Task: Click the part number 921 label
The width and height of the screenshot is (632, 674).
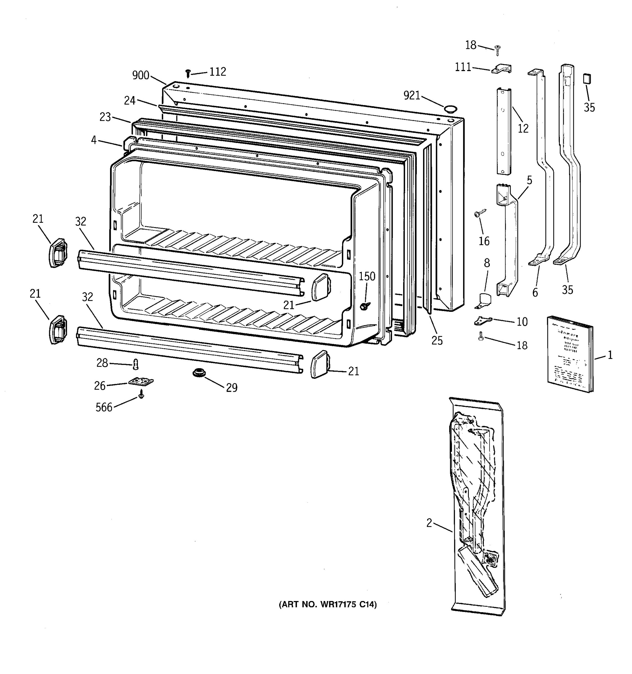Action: point(412,95)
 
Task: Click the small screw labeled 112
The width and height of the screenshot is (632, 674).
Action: point(188,73)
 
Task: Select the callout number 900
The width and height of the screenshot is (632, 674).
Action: point(141,75)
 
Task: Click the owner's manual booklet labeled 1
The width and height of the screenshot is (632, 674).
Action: point(570,354)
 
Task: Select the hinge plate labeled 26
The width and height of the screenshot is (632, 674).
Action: point(141,382)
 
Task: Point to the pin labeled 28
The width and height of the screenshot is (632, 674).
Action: point(136,365)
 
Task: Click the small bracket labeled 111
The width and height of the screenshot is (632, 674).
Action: point(501,69)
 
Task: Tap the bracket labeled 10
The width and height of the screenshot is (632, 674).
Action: point(483,320)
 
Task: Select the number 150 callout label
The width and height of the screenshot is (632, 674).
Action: point(367,276)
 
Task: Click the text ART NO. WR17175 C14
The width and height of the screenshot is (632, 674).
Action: point(328,605)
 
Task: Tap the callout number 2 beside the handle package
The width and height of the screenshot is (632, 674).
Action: point(429,523)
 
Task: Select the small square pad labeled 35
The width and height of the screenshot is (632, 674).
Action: point(587,79)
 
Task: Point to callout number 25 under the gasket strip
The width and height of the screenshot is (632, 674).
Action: point(437,341)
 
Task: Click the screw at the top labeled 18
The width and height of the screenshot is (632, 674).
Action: point(497,51)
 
